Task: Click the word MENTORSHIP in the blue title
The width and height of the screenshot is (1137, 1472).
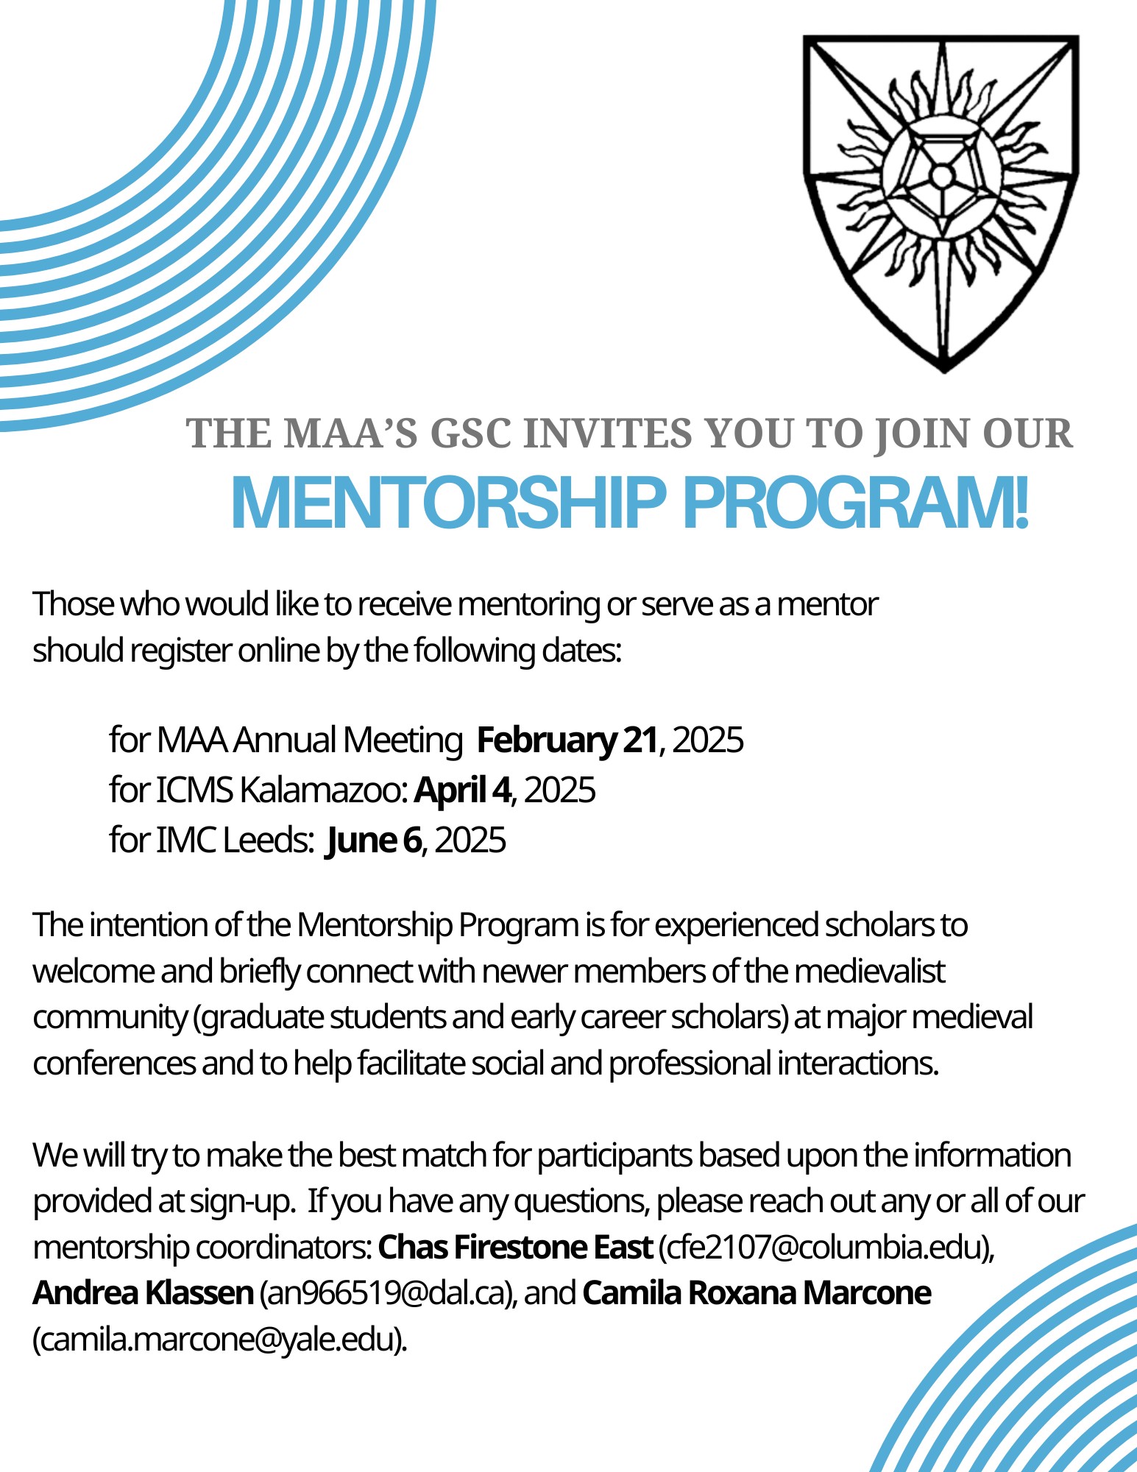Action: point(447,504)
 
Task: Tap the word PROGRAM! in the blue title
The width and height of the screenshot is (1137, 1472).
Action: point(855,504)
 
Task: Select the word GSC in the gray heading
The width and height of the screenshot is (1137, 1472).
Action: point(470,434)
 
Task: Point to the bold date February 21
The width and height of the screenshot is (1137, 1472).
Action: point(567,740)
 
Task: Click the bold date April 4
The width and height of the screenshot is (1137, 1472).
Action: point(462,790)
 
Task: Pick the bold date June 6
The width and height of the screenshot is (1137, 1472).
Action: point(373,840)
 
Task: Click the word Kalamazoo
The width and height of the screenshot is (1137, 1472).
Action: point(323,790)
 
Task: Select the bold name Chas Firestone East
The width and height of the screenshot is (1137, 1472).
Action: point(515,1247)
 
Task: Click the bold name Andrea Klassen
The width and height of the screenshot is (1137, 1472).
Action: point(144,1293)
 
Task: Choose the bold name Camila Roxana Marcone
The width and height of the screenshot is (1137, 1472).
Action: point(757,1293)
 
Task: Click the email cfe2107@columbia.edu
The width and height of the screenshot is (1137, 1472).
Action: point(824,1247)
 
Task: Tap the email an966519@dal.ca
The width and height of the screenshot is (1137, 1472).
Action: point(385,1293)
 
